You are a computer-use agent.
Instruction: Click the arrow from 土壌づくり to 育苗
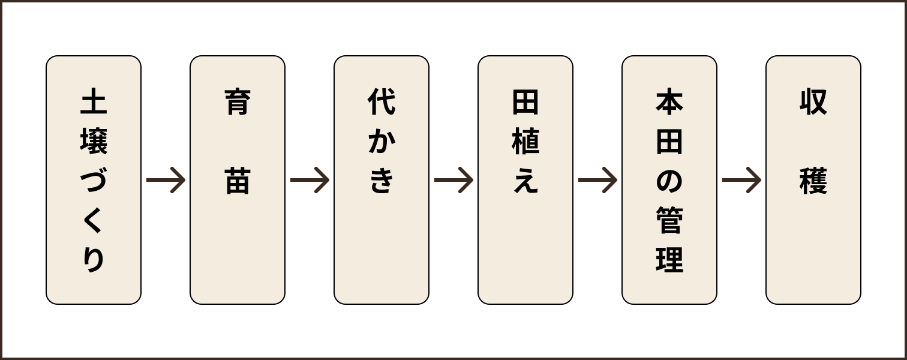[166, 180]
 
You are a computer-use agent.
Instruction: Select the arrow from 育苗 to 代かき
[310, 180]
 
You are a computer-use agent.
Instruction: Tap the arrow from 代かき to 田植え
[453, 180]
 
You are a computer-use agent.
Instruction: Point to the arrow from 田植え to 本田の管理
[597, 180]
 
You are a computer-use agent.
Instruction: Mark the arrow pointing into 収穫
[741, 180]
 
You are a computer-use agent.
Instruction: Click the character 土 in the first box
[94, 103]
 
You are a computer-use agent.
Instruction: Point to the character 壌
[94, 143]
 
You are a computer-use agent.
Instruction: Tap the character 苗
[238, 181]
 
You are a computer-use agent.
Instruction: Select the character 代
[382, 103]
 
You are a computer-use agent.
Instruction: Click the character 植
[525, 143]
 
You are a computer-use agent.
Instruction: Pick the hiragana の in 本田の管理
[669, 181]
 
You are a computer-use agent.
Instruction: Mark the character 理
[669, 260]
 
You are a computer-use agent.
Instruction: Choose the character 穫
[813, 181]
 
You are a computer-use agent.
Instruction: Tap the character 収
[813, 103]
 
